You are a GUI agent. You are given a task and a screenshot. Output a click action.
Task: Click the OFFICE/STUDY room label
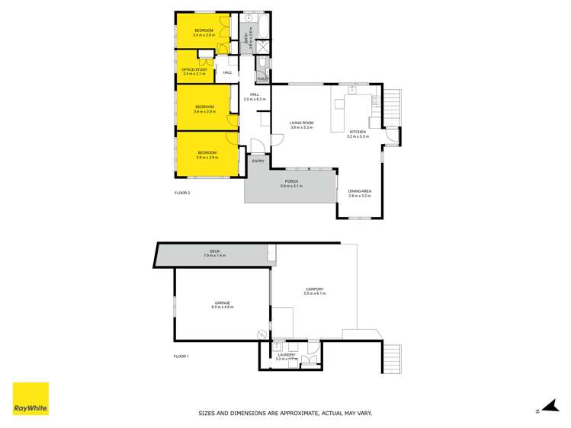194,69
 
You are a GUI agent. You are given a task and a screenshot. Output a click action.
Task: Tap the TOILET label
262,79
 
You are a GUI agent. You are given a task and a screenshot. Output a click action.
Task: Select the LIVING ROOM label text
302,123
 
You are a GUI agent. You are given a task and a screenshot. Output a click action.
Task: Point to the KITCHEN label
358,132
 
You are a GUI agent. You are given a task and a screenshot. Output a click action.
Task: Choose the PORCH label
290,181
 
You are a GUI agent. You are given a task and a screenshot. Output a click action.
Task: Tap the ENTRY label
258,161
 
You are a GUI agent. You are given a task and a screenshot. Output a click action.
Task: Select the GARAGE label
222,302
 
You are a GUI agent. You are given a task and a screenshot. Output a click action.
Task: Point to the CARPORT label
315,289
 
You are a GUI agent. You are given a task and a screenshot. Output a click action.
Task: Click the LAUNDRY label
287,354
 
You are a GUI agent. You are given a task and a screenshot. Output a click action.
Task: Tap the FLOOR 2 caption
181,193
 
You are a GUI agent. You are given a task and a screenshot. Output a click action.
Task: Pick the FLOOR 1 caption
181,356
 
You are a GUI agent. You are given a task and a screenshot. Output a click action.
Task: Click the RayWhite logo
30,399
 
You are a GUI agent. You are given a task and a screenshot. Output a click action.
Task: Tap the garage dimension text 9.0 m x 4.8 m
223,307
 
